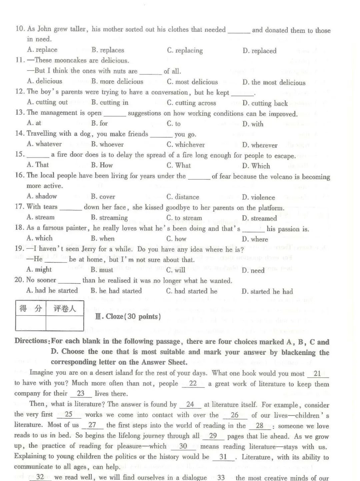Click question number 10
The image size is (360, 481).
pyautogui.click(x=20, y=29)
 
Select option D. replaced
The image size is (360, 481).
pyautogui.click(x=259, y=51)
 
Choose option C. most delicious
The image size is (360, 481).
pyautogui.click(x=192, y=82)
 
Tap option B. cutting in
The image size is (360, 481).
pyautogui.click(x=110, y=103)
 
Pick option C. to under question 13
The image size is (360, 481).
pyautogui.click(x=174, y=124)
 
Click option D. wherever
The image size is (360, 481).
pyautogui.click(x=260, y=145)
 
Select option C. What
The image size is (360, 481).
pyautogui.click(x=179, y=165)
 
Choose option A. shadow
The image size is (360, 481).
pyautogui.click(x=42, y=196)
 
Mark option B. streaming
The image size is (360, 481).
pyautogui.click(x=109, y=218)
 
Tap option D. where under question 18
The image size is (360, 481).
pyautogui.click(x=255, y=239)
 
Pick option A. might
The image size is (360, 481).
pyautogui.click(x=39, y=270)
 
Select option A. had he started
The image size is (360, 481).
pyautogui.click(x=52, y=291)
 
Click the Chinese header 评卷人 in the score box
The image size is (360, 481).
pyautogui.click(x=65, y=309)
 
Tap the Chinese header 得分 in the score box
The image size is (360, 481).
pyautogui.click(x=31, y=309)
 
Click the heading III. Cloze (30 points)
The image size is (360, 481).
pyautogui.click(x=128, y=317)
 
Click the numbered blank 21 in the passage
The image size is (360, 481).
pyautogui.click(x=317, y=374)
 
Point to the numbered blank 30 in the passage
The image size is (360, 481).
pyautogui.click(x=183, y=446)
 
